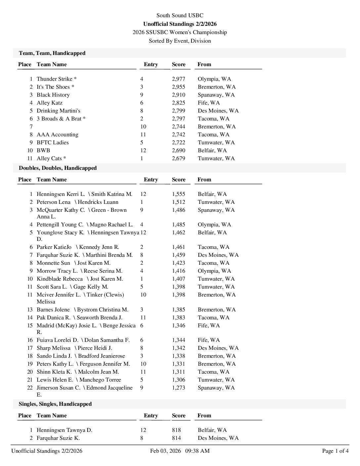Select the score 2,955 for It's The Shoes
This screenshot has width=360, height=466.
[178, 87]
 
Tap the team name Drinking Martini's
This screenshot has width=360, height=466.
[58, 111]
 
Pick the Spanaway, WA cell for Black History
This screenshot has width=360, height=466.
[216, 95]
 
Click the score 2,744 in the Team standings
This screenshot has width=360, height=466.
[178, 126]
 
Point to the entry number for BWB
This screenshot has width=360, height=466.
[143, 150]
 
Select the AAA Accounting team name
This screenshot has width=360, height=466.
[57, 134]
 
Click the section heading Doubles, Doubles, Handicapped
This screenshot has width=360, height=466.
[58, 168]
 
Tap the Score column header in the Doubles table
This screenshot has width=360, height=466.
[178, 179]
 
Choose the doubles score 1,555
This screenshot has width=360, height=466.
[178, 194]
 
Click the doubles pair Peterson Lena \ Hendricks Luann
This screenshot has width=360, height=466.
[77, 202]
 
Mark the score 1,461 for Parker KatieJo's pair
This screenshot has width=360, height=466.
[178, 247]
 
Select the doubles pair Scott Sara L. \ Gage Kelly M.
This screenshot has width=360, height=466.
[72, 287]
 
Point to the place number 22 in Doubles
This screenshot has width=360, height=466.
[30, 388]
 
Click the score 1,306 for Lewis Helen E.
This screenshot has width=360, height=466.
[178, 380]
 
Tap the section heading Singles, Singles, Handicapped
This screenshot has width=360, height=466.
[55, 404]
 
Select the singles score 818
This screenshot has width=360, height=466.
[176, 430]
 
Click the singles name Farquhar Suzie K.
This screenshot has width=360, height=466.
[58, 438]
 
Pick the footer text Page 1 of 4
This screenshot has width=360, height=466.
[335, 451]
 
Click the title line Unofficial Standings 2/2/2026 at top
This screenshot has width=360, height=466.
[180, 24]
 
